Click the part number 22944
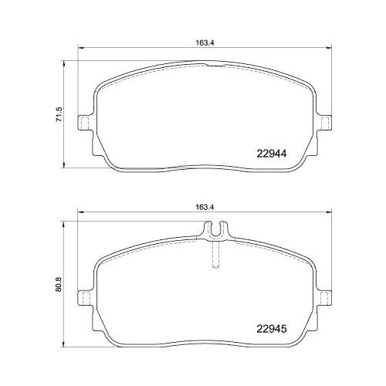click(x=271, y=153)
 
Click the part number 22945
click(x=271, y=327)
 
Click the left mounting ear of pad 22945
click(x=84, y=294)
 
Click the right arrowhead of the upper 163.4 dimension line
click(x=330, y=52)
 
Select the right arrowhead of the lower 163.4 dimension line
click(x=330, y=215)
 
